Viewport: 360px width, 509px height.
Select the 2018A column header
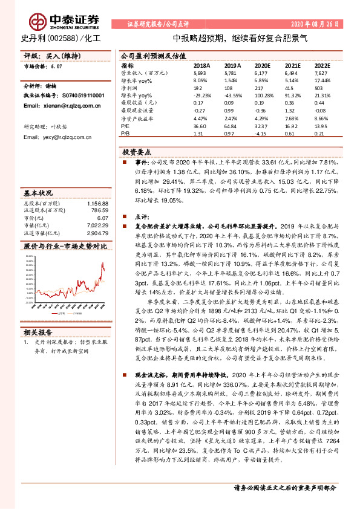point(201,64)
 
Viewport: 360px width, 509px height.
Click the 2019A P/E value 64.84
point(231,125)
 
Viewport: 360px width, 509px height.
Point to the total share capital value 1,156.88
point(97,204)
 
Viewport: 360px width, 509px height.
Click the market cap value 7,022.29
point(97,224)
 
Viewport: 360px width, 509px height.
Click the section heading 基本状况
point(38,193)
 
